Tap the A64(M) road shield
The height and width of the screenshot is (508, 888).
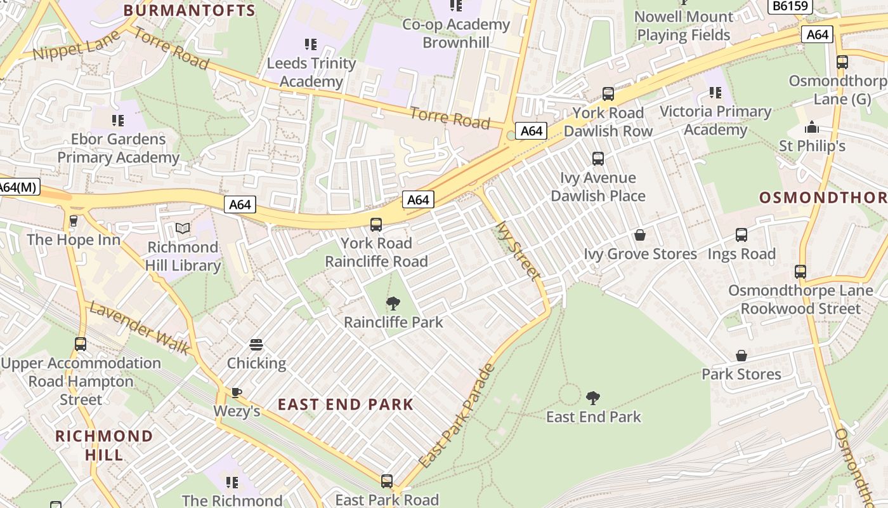click(x=18, y=187)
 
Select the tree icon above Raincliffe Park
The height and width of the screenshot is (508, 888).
click(x=393, y=304)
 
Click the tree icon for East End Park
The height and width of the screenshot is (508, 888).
click(x=593, y=398)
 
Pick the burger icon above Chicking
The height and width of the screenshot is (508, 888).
click(x=256, y=345)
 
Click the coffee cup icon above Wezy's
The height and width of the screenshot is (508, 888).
click(x=237, y=392)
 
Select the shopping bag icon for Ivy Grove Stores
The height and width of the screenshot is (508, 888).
click(x=640, y=236)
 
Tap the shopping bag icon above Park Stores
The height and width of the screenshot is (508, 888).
click(x=741, y=356)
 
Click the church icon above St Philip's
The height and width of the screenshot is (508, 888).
click(x=812, y=128)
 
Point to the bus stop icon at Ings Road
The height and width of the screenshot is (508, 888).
click(x=741, y=235)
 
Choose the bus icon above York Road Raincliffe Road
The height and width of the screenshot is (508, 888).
click(x=376, y=224)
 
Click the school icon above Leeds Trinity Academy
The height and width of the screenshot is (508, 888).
click(x=310, y=44)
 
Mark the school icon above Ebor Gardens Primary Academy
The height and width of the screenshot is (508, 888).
click(x=118, y=120)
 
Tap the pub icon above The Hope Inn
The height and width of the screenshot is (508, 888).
click(x=73, y=221)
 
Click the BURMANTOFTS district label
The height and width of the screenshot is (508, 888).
click(x=189, y=10)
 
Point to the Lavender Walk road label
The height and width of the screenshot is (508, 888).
click(x=140, y=328)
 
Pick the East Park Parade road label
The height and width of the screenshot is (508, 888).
click(x=456, y=416)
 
